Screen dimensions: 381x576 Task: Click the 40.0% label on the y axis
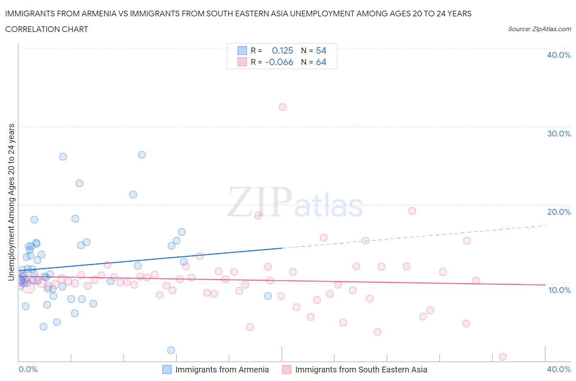(x=559, y=55)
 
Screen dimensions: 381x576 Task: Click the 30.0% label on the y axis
(x=559, y=134)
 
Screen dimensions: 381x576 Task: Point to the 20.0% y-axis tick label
(x=559, y=212)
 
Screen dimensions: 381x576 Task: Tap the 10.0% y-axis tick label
(x=559, y=290)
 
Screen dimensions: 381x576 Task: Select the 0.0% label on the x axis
(x=28, y=369)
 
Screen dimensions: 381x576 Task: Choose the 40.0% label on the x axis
(x=559, y=369)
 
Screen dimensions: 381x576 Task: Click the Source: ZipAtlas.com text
(x=539, y=29)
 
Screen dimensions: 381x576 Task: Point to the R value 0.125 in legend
(x=282, y=50)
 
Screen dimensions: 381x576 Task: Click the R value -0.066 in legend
(x=279, y=62)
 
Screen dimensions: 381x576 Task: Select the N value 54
(x=321, y=50)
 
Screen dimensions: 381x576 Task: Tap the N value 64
(x=321, y=62)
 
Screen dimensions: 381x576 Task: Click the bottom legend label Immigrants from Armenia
(x=222, y=370)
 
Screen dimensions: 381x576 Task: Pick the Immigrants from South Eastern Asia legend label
(x=361, y=370)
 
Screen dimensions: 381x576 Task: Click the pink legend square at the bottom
(x=287, y=370)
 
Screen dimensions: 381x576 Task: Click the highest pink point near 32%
(x=283, y=107)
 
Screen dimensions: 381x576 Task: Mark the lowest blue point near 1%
(x=171, y=350)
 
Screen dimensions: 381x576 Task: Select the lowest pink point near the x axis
(x=503, y=357)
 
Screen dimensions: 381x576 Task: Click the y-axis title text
(x=11, y=202)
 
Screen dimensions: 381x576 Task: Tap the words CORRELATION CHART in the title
(x=47, y=29)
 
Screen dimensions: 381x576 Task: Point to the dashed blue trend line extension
(x=414, y=237)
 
